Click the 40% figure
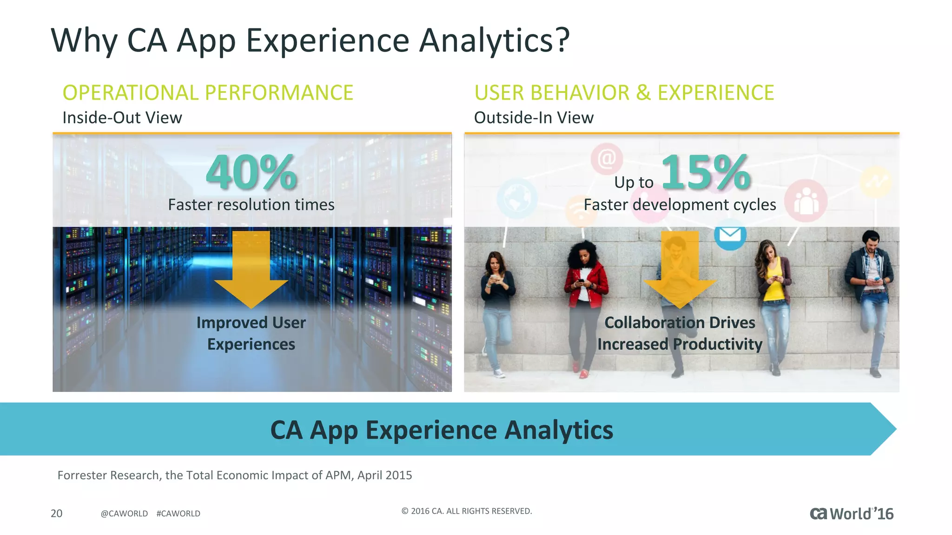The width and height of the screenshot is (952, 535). click(251, 173)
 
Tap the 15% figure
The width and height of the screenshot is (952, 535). click(706, 173)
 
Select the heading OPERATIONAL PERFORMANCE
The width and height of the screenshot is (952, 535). click(208, 92)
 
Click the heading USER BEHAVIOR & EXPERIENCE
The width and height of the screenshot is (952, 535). click(624, 92)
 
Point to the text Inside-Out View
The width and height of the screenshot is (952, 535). click(122, 117)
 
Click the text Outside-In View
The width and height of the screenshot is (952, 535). click(534, 117)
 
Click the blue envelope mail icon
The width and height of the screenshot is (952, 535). click(730, 235)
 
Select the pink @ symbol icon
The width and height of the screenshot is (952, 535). click(607, 159)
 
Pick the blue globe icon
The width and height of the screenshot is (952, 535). click(517, 198)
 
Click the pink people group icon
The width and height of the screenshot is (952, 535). click(806, 201)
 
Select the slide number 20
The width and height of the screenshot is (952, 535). click(56, 513)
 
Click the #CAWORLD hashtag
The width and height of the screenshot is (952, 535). click(178, 514)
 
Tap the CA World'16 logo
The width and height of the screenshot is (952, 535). click(852, 514)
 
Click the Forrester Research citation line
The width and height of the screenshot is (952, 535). click(235, 475)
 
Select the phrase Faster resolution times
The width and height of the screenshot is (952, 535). click(251, 205)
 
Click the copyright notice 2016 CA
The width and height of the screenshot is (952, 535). click(466, 511)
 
